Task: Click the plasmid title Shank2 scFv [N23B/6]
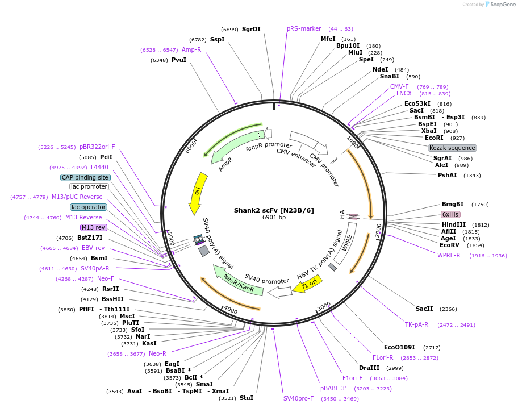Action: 273,210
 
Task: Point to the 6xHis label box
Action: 450,214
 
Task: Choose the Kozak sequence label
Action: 452,148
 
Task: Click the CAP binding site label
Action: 85,177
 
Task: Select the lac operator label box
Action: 89,207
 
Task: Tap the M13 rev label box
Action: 93,227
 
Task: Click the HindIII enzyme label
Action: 453,224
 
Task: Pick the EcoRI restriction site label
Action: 434,138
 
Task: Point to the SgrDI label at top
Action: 251,29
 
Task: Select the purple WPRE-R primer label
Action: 449,255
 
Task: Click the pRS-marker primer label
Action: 304,28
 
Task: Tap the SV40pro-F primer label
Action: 298,398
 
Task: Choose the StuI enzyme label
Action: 247,398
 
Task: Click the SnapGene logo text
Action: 502,5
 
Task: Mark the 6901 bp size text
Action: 273,218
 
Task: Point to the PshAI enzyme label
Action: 447,175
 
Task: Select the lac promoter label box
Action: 89,186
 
